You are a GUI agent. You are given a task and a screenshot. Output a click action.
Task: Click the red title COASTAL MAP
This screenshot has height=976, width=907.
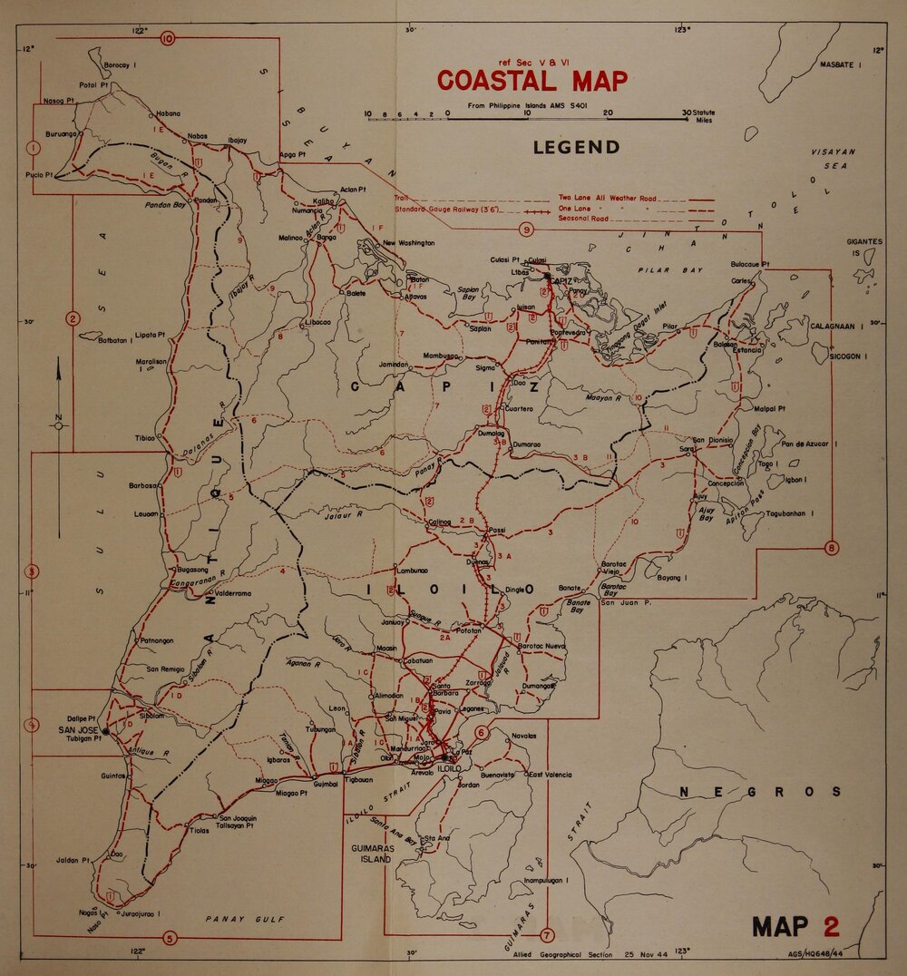(x=532, y=81)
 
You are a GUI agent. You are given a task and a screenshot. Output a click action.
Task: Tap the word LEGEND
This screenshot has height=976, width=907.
(x=577, y=147)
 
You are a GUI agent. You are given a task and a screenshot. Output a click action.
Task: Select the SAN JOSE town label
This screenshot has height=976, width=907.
(x=78, y=729)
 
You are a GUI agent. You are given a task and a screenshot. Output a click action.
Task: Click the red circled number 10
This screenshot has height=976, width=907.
(x=168, y=38)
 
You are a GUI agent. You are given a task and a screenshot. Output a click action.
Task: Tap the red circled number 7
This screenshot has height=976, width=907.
(x=546, y=935)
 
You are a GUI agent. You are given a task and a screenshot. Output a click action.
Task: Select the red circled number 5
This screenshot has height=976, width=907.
(x=169, y=937)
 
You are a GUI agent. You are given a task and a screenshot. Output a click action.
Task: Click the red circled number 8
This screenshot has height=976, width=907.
(x=832, y=548)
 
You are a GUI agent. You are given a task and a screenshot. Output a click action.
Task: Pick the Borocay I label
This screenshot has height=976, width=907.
(x=120, y=66)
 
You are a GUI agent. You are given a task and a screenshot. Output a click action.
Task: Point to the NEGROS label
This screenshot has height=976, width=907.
(x=760, y=792)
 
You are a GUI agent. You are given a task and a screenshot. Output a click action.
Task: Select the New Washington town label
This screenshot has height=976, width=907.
(x=408, y=243)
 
